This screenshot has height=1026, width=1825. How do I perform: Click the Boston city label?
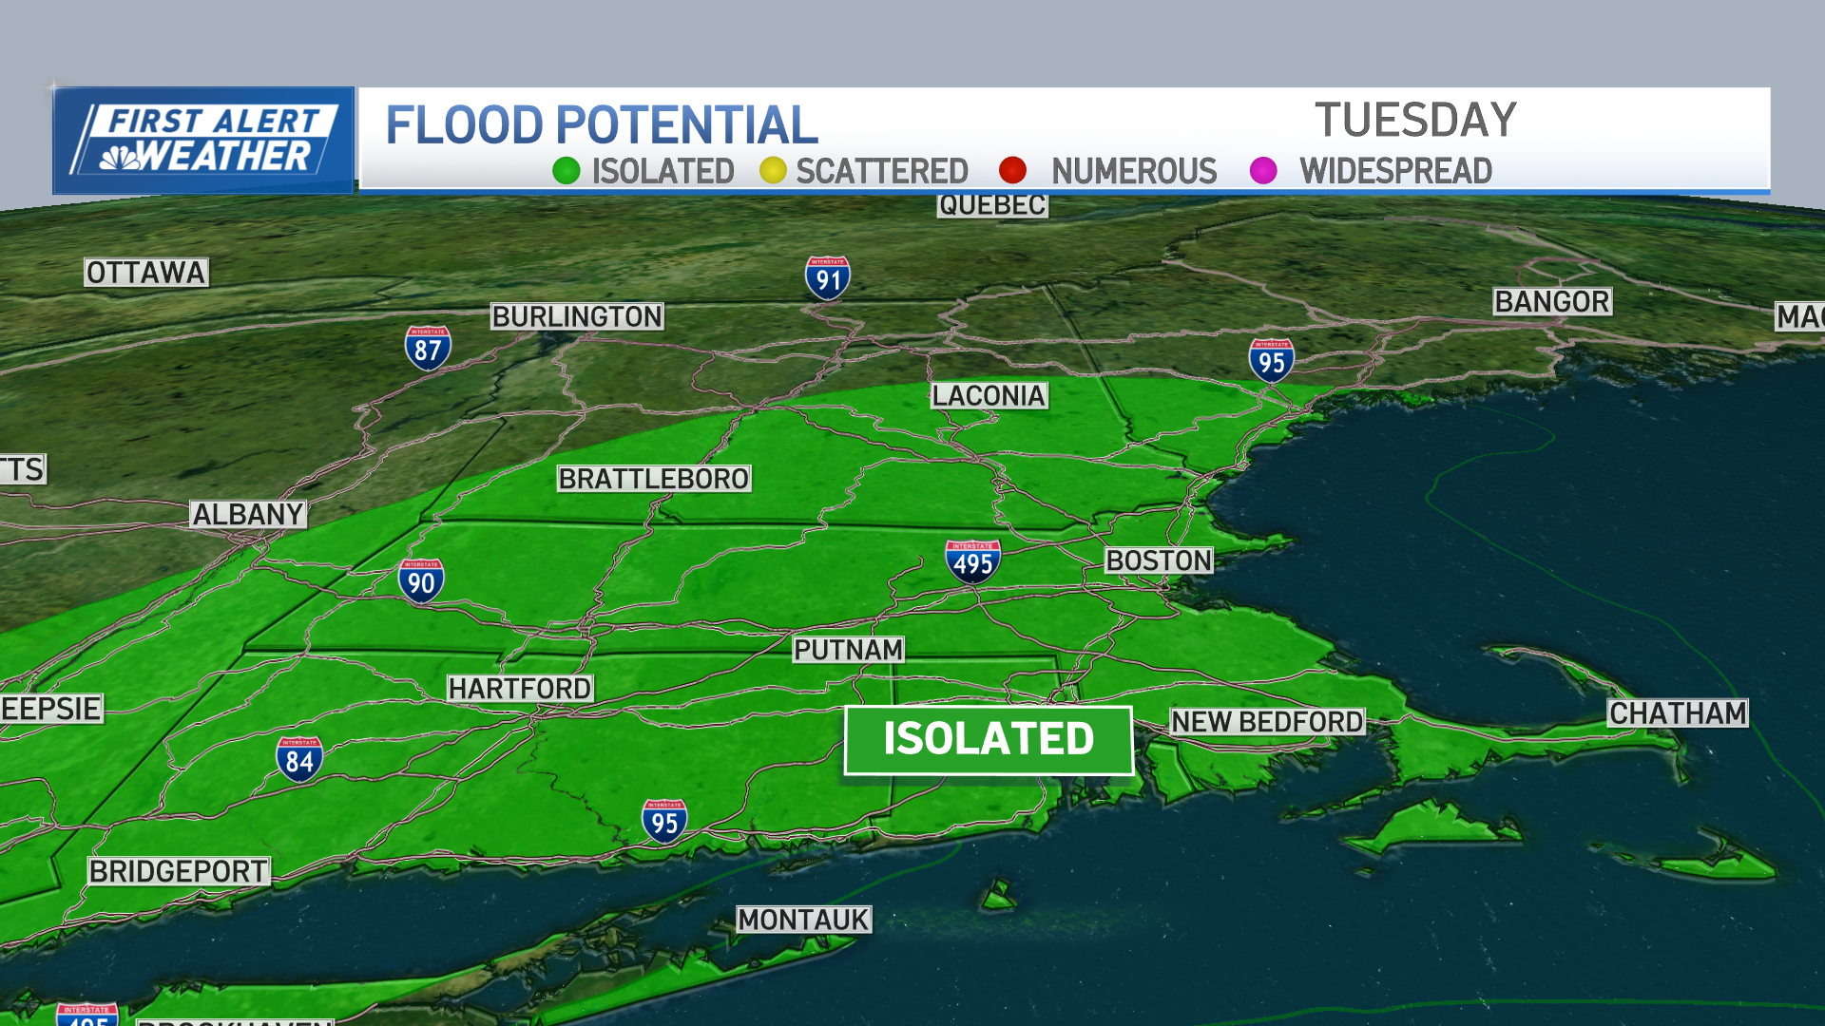click(x=1159, y=560)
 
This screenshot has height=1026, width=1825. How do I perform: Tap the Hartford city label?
click(x=520, y=688)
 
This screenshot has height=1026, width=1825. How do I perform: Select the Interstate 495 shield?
click(x=973, y=560)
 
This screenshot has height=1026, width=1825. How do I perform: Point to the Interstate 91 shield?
click(x=828, y=277)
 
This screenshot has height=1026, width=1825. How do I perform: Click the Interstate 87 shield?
click(x=428, y=348)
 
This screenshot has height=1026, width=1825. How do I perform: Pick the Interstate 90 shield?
click(x=421, y=580)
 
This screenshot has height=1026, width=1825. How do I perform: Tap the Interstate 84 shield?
click(x=299, y=759)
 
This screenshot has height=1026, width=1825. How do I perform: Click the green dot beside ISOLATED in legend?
click(x=567, y=171)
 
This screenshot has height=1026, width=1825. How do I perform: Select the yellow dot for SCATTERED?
click(x=773, y=171)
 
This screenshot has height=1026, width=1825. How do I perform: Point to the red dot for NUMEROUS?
click(x=1012, y=171)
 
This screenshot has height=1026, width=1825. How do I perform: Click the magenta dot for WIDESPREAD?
click(x=1263, y=171)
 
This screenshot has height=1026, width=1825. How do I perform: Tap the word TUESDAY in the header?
click(x=1415, y=121)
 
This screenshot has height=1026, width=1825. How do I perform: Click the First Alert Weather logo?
click(x=203, y=141)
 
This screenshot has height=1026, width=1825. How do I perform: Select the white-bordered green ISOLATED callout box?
click(x=989, y=739)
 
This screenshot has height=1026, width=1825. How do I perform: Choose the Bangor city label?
click(x=1552, y=301)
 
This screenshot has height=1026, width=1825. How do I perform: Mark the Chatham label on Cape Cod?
click(x=1678, y=712)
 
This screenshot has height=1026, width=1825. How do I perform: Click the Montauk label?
click(x=803, y=920)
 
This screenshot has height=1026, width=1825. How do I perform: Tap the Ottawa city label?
click(x=146, y=273)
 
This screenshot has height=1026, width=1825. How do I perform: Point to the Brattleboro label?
click(x=654, y=479)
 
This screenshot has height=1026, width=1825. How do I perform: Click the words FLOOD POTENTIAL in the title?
click(x=602, y=125)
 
